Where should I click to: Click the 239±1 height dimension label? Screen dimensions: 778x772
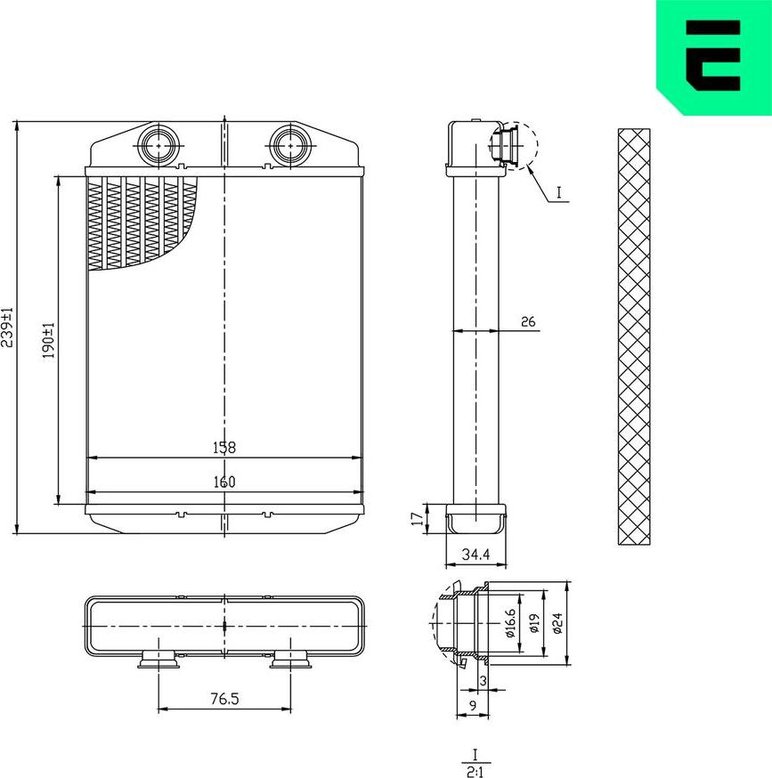(8, 327)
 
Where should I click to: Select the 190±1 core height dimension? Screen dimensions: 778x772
(49, 340)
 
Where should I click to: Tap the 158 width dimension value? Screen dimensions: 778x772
(224, 448)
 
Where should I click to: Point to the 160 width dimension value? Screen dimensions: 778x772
(224, 482)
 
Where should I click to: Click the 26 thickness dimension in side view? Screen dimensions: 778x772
(527, 322)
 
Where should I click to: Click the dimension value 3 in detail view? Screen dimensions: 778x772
(483, 681)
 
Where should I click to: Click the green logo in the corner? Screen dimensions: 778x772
(712, 55)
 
